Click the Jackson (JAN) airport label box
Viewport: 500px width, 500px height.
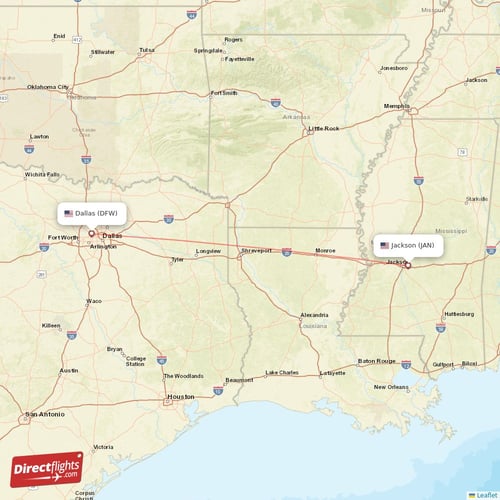click(x=408, y=244)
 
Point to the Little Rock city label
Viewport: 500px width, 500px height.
click(x=324, y=128)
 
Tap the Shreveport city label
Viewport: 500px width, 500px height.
click(x=256, y=250)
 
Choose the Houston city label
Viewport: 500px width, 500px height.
click(x=181, y=396)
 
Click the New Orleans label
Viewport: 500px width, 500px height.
click(x=391, y=387)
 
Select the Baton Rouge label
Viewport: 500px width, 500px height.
click(x=378, y=361)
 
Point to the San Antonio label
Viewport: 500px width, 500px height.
click(x=45, y=413)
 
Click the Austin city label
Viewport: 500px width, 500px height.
click(x=68, y=370)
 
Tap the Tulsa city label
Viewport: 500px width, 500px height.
click(x=147, y=49)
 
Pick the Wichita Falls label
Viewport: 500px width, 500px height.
click(x=42, y=174)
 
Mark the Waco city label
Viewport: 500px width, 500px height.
click(x=94, y=300)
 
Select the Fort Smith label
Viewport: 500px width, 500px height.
click(x=224, y=93)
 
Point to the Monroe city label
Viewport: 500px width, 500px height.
click(x=326, y=250)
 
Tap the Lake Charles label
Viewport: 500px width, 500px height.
click(x=282, y=372)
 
